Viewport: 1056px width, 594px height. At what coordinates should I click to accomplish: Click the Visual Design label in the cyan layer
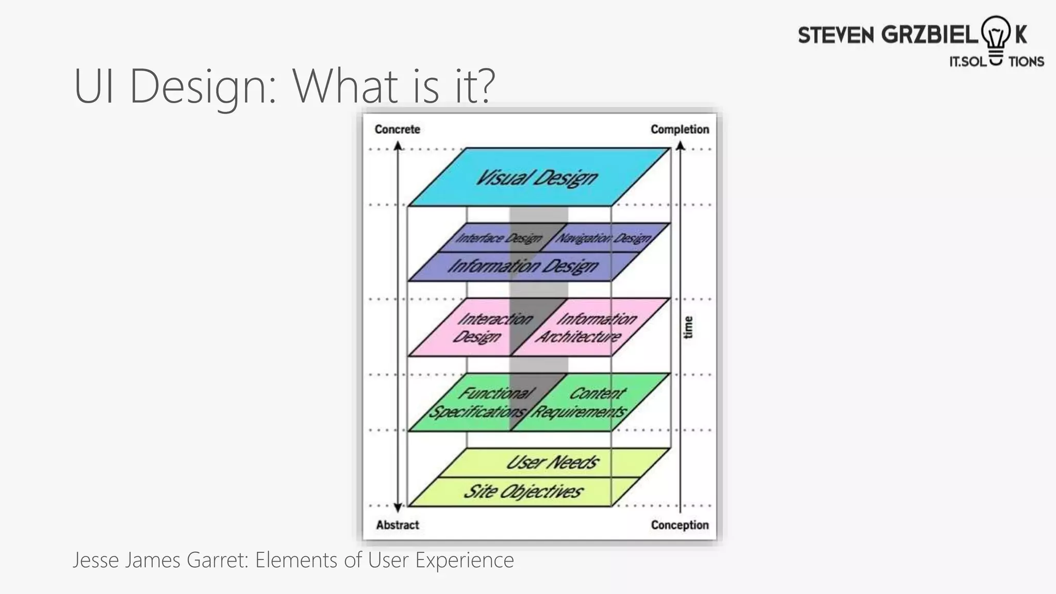pos(536,178)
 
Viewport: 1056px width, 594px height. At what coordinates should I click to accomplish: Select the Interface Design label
pos(499,238)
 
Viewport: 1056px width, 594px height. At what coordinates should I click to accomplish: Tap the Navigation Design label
pos(603,238)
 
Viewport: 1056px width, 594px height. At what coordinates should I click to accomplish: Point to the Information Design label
pos(523,266)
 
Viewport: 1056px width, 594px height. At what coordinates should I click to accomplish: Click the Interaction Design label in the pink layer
pos(492,327)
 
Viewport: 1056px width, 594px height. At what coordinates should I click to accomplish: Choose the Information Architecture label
pos(587,327)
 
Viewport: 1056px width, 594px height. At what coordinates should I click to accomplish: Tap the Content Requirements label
pos(581,403)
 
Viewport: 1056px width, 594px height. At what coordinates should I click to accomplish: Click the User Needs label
pos(552,462)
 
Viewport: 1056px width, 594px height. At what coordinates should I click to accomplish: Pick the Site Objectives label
pos(523,491)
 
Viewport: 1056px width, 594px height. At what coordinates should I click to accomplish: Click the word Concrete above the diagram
pos(397,129)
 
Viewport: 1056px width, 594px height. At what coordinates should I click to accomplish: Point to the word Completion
pos(680,129)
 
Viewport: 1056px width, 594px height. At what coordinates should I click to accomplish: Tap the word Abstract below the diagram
pos(397,525)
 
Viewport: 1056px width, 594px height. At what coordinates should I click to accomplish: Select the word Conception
pos(680,525)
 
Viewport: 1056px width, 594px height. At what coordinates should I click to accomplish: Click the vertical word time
pos(688,327)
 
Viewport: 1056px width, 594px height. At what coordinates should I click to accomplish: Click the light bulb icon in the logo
pos(996,39)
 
